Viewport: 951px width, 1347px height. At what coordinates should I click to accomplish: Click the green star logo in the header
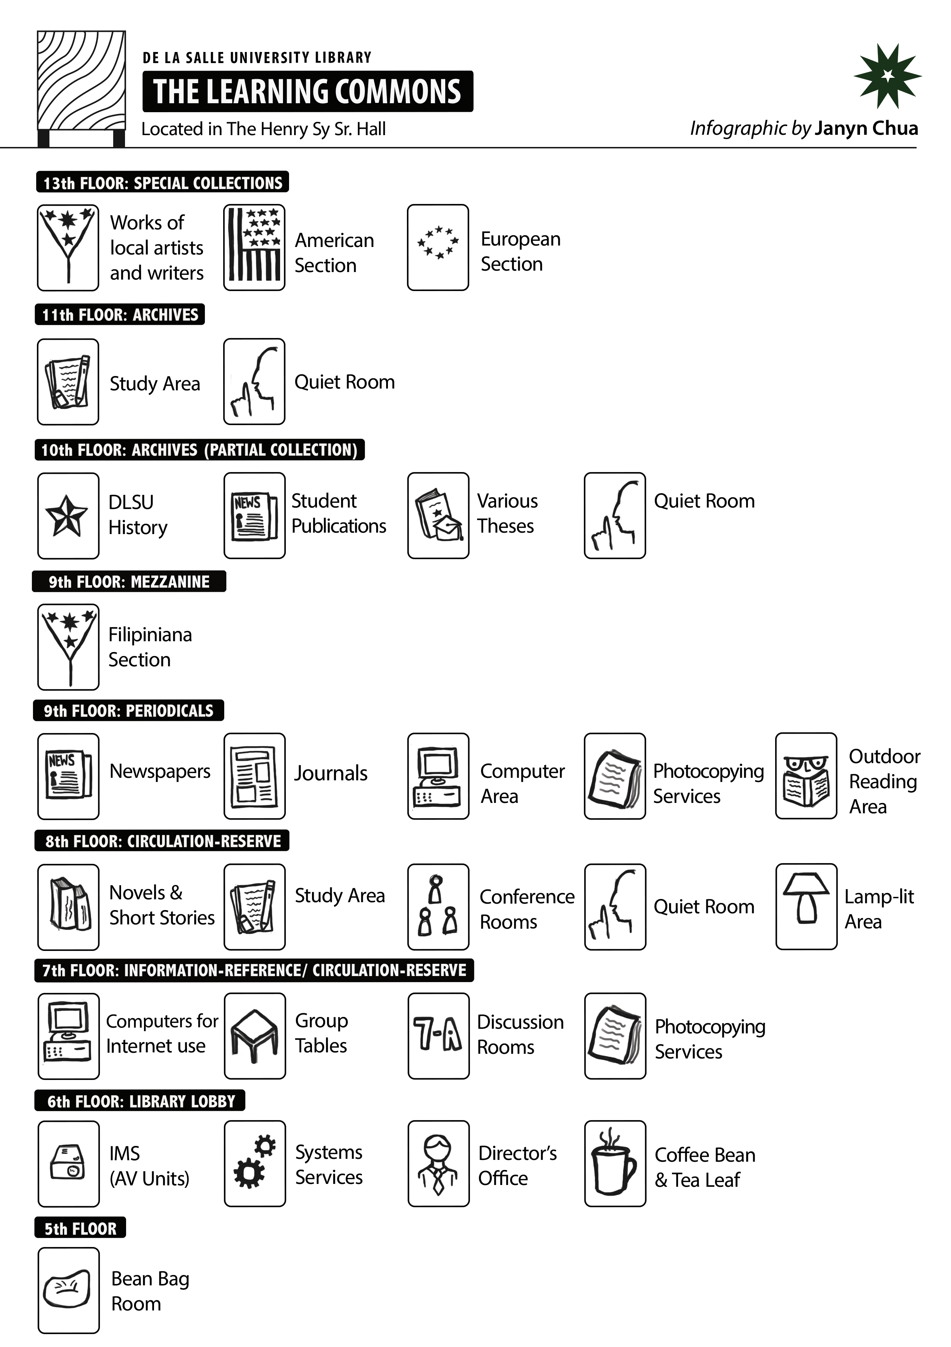coord(887,76)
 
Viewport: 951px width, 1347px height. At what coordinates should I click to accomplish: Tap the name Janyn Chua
coord(866,128)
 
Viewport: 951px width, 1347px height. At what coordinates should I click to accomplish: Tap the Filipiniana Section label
coord(150,647)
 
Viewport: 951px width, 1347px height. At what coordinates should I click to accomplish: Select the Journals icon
coord(254,776)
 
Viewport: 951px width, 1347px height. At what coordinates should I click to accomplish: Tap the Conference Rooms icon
coord(438,906)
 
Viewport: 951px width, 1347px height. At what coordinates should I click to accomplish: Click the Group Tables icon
coord(254,1036)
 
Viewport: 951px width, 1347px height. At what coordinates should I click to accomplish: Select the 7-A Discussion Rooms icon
coord(438,1036)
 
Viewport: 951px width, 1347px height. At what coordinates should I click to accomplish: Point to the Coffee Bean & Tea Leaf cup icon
coord(614,1163)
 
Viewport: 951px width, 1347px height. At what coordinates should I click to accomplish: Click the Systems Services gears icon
coord(254,1163)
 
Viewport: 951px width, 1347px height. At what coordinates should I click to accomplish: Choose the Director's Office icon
coord(438,1163)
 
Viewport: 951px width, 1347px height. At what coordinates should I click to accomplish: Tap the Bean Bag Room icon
coord(68,1290)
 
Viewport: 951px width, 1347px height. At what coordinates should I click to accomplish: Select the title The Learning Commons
coord(307,91)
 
